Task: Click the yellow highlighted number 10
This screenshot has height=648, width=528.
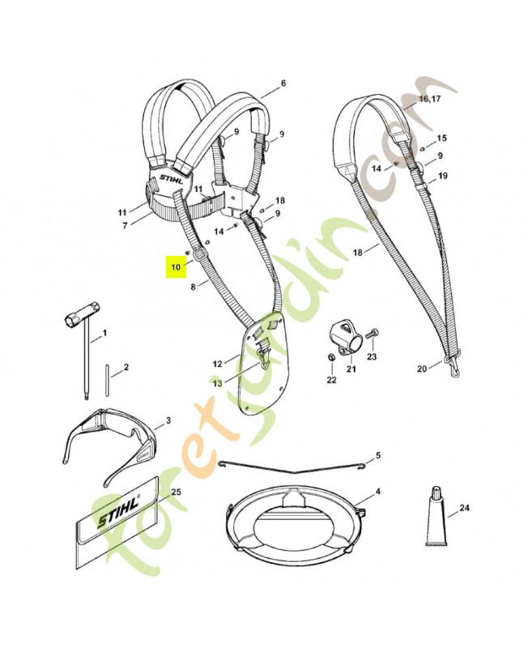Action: pyautogui.click(x=175, y=266)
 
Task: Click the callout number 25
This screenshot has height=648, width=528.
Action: pyautogui.click(x=175, y=492)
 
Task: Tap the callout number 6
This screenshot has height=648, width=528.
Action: pyautogui.click(x=283, y=84)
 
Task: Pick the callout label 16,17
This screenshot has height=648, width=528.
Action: pyautogui.click(x=429, y=100)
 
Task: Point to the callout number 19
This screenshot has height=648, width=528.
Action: pyautogui.click(x=442, y=176)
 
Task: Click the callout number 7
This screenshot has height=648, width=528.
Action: pyautogui.click(x=125, y=226)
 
